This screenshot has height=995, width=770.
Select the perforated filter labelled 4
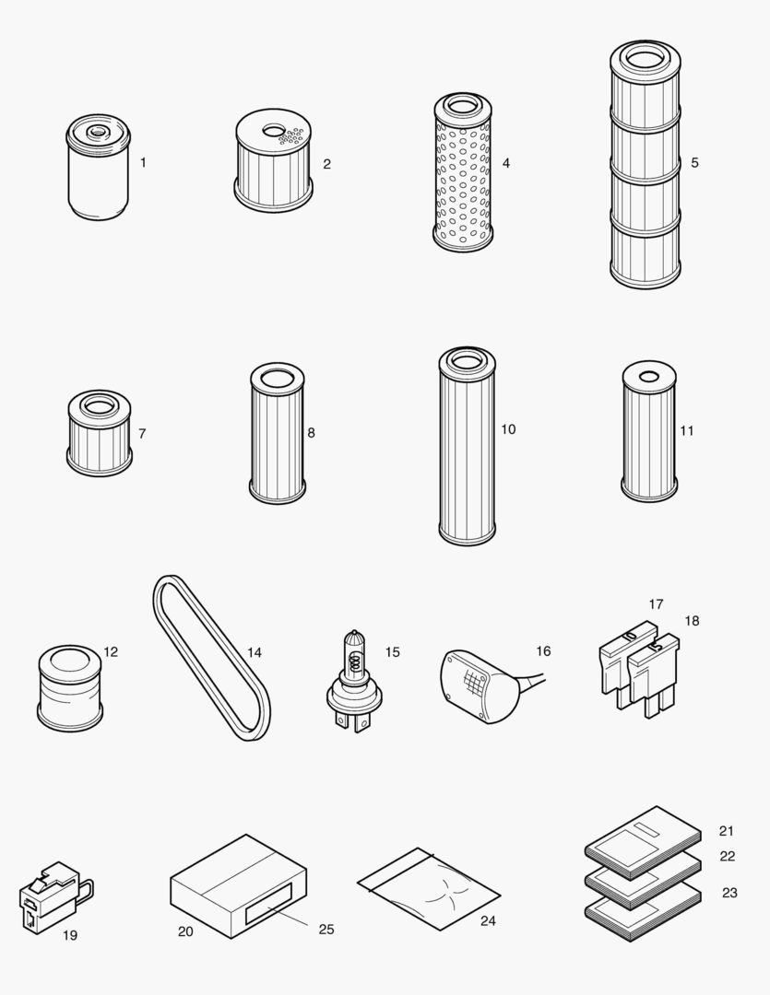(x=462, y=175)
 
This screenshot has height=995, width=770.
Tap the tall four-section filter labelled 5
(x=645, y=166)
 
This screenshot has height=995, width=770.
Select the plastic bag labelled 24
(x=428, y=889)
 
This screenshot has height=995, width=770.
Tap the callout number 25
(x=326, y=929)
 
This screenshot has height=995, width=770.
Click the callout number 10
(x=508, y=429)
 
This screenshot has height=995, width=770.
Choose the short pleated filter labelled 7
(x=99, y=433)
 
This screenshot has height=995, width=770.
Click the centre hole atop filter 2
(x=274, y=130)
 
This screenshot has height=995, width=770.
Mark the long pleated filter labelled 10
(x=467, y=447)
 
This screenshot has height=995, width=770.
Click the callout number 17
(x=656, y=604)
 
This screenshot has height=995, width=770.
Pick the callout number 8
(x=311, y=432)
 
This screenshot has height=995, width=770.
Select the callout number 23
(x=729, y=893)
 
